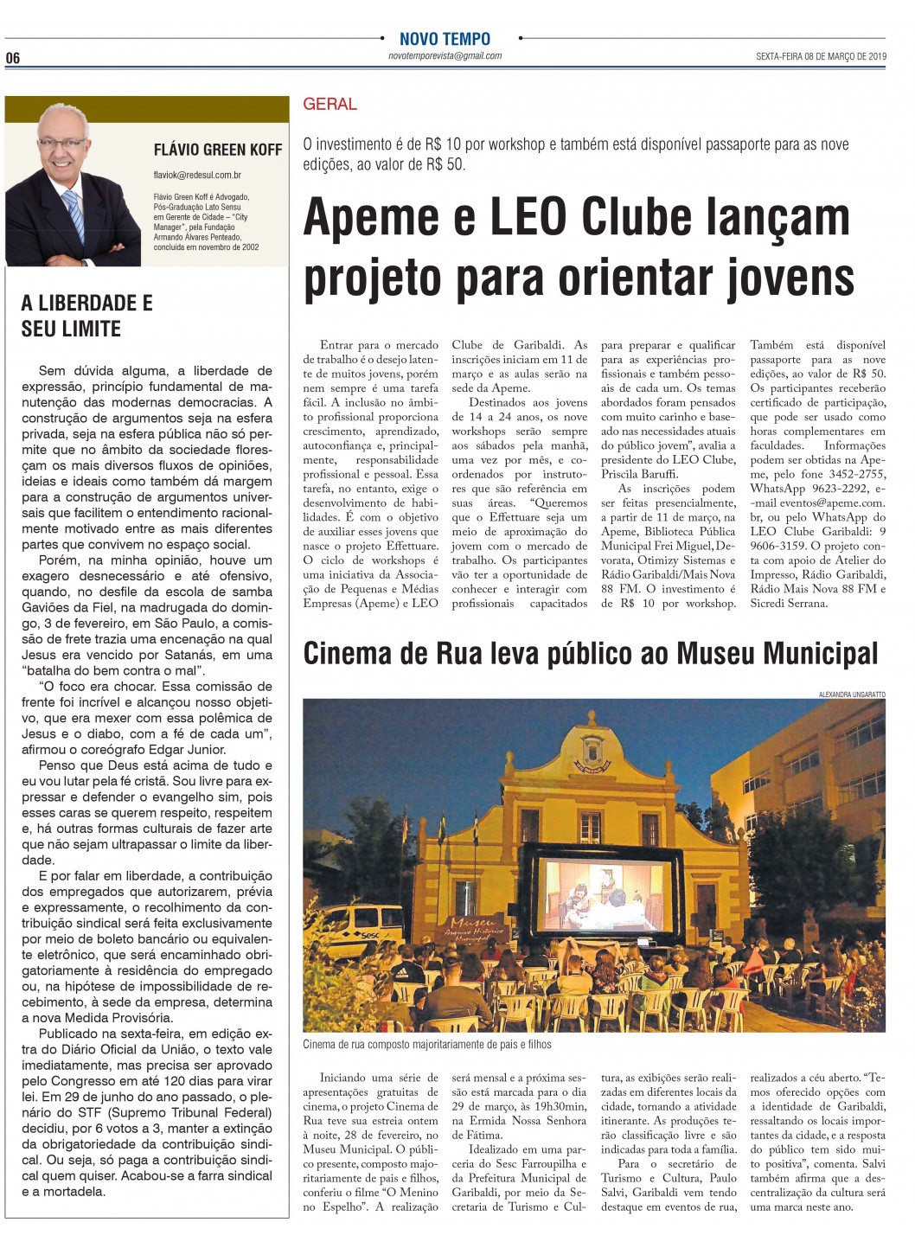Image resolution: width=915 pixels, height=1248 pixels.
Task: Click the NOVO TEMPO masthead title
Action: (x=445, y=39)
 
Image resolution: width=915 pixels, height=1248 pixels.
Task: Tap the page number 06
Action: (x=13, y=58)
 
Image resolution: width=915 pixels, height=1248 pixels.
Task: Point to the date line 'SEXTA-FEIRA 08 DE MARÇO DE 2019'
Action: (x=821, y=57)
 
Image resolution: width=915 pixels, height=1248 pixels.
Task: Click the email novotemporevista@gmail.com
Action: (x=445, y=56)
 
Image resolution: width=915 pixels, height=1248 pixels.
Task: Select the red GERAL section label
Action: (x=330, y=105)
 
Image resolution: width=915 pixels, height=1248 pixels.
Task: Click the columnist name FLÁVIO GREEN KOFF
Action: (x=218, y=150)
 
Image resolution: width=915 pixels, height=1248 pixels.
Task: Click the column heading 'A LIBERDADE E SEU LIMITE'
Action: (x=86, y=316)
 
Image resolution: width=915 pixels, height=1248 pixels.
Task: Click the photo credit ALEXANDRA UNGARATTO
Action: (x=851, y=694)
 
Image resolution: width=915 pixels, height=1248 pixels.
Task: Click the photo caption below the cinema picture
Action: (x=427, y=1044)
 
